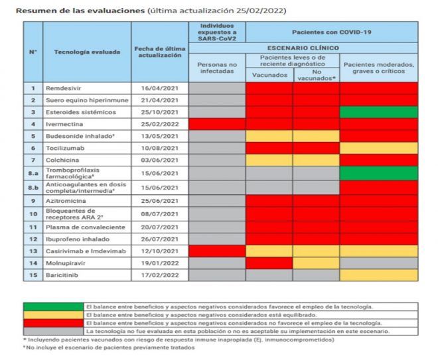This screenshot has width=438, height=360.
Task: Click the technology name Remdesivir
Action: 64,88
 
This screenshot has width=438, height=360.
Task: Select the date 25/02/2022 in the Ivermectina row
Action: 160,124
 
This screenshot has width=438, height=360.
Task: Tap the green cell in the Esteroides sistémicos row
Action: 379,112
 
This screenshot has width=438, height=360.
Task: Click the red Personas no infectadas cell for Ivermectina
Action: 217,124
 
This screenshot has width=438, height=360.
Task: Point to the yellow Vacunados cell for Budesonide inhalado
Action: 269,136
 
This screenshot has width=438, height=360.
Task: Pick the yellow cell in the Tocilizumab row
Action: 379,149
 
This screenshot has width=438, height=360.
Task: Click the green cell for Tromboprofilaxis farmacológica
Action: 379,173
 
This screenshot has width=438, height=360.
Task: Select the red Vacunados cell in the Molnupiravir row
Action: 269,263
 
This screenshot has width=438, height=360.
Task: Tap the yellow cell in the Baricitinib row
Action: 379,275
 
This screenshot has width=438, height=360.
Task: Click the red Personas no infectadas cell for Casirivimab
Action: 217,251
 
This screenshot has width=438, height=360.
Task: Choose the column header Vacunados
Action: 269,75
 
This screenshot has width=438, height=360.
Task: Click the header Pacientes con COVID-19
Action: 332,32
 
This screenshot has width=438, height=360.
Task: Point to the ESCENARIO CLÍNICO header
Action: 303,48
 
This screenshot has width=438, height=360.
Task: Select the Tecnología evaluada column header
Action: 87,52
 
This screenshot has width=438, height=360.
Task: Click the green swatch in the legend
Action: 53,307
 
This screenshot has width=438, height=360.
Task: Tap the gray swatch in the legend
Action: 53,331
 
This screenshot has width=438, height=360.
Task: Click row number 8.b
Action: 33,188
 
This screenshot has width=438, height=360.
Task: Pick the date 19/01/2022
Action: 160,263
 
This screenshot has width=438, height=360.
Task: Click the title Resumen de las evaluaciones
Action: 80,11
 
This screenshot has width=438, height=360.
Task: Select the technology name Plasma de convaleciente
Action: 86,227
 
